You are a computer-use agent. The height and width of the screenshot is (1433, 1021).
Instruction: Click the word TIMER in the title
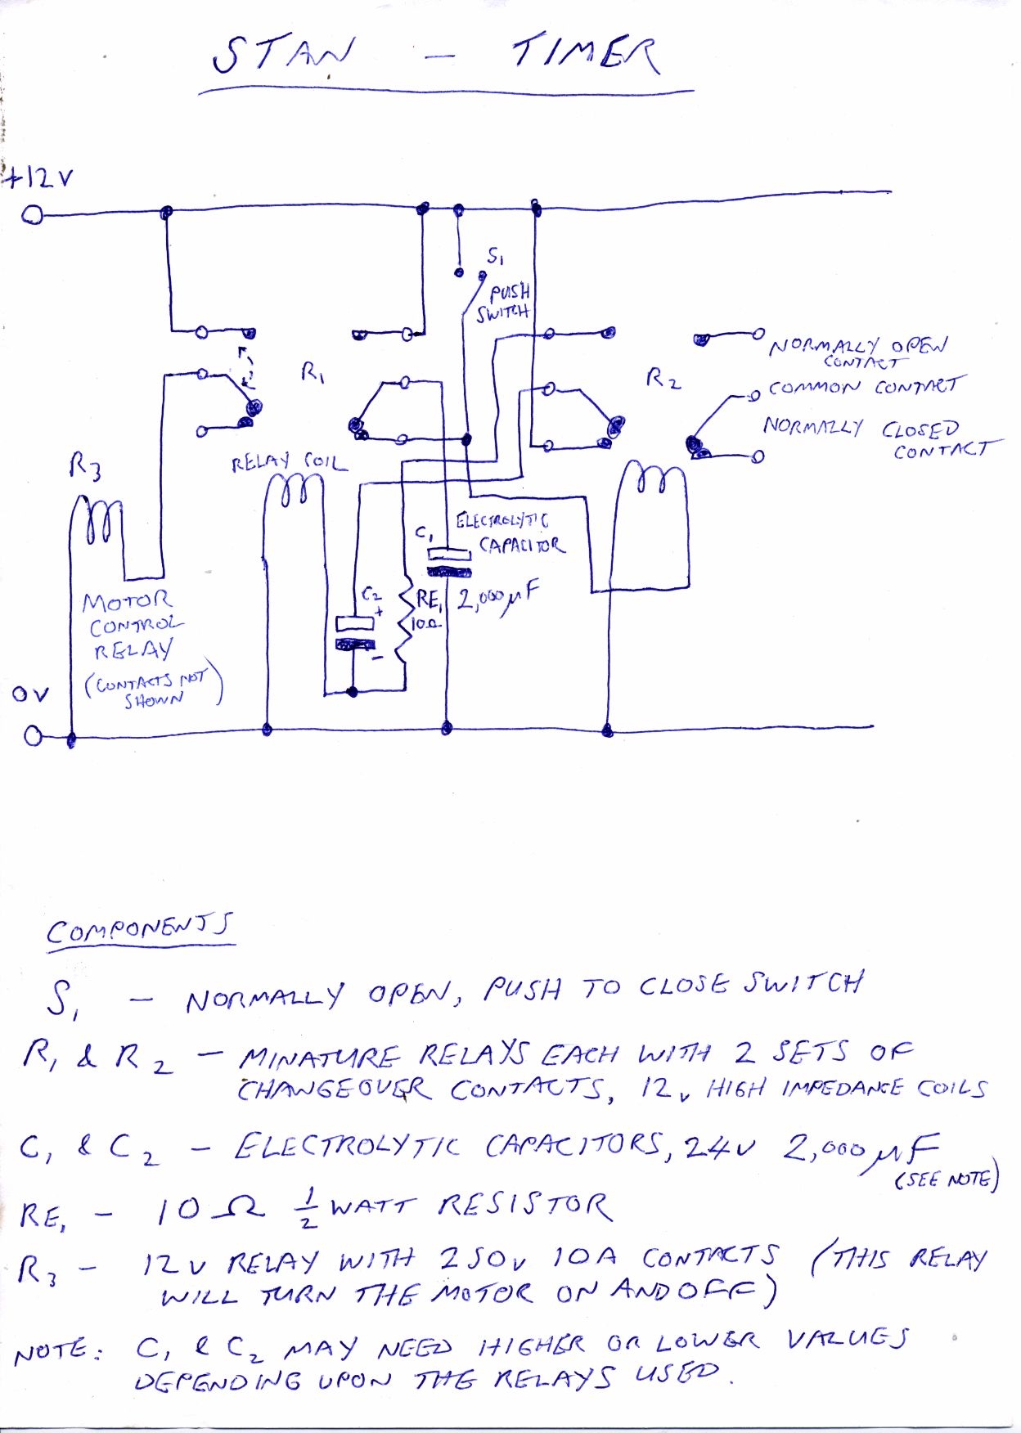[x=584, y=55]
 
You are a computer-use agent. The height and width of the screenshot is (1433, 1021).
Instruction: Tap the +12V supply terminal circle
[x=33, y=215]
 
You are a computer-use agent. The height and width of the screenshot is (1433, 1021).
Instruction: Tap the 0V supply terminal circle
[x=33, y=737]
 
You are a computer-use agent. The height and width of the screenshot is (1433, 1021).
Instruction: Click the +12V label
[x=38, y=177]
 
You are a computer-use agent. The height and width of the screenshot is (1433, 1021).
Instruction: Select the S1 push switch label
[x=495, y=257]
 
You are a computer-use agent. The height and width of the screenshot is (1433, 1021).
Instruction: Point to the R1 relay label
[x=313, y=374]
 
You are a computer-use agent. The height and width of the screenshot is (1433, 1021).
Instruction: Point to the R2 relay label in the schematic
[x=663, y=378]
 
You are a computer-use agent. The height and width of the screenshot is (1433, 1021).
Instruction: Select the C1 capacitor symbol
[x=449, y=562]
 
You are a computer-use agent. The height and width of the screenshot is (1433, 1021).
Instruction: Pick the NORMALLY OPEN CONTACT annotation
[x=857, y=351]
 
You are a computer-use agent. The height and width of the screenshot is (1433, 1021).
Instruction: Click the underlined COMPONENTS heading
[x=140, y=930]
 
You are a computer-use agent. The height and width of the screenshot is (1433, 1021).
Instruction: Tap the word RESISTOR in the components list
[x=524, y=1206]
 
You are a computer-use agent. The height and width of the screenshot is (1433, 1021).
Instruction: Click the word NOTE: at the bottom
[x=56, y=1353]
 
